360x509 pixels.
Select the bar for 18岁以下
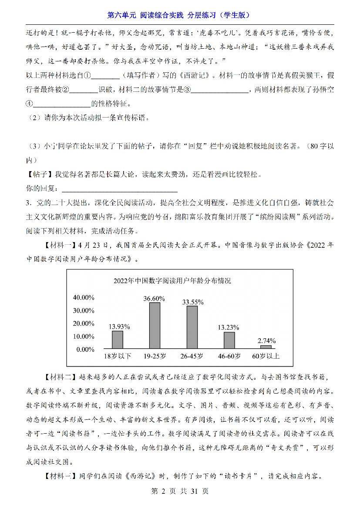pyautogui.click(x=118, y=339)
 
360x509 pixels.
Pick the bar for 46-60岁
pyautogui.click(x=229, y=340)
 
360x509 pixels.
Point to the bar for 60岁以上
pyautogui.click(x=266, y=347)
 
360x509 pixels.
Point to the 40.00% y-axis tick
pyautogui.click(x=83, y=297)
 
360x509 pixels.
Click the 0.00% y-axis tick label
pyautogui.click(x=85, y=349)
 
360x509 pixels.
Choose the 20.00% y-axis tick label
pyautogui.click(x=83, y=324)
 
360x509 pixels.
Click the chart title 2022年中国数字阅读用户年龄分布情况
pyautogui.click(x=172, y=281)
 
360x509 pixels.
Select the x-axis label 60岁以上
pyautogui.click(x=266, y=356)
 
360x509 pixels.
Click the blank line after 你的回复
pyautogui.click(x=120, y=189)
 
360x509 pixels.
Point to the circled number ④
pyautogui.click(x=29, y=104)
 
